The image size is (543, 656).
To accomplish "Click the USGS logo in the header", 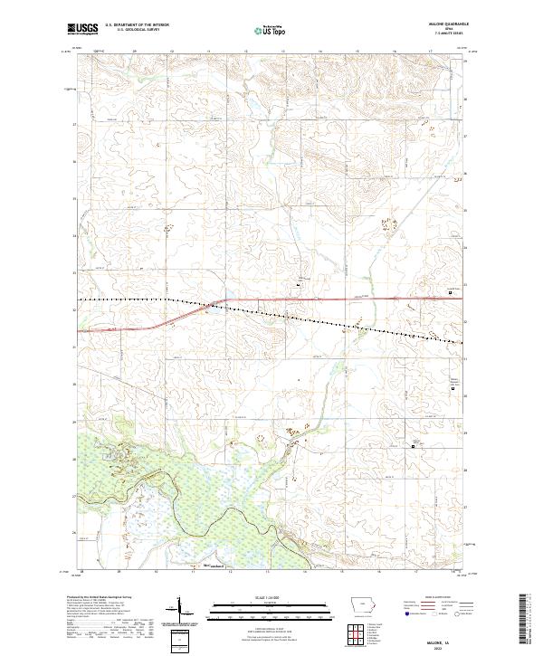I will click(82, 29).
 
